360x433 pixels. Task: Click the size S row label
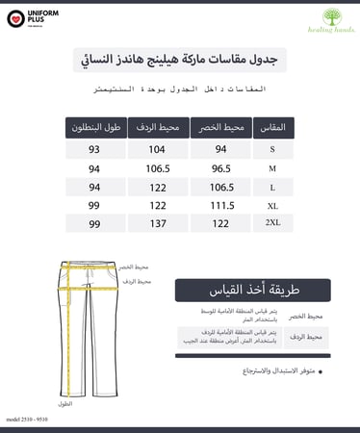click(x=272, y=149)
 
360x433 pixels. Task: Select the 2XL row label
click(x=272, y=223)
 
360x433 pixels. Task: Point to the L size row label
click(x=272, y=187)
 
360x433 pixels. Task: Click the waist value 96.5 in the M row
click(x=220, y=167)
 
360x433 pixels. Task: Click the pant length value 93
click(x=94, y=149)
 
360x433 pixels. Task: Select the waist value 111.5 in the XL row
click(x=220, y=205)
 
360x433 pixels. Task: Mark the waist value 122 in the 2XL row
click(x=220, y=223)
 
